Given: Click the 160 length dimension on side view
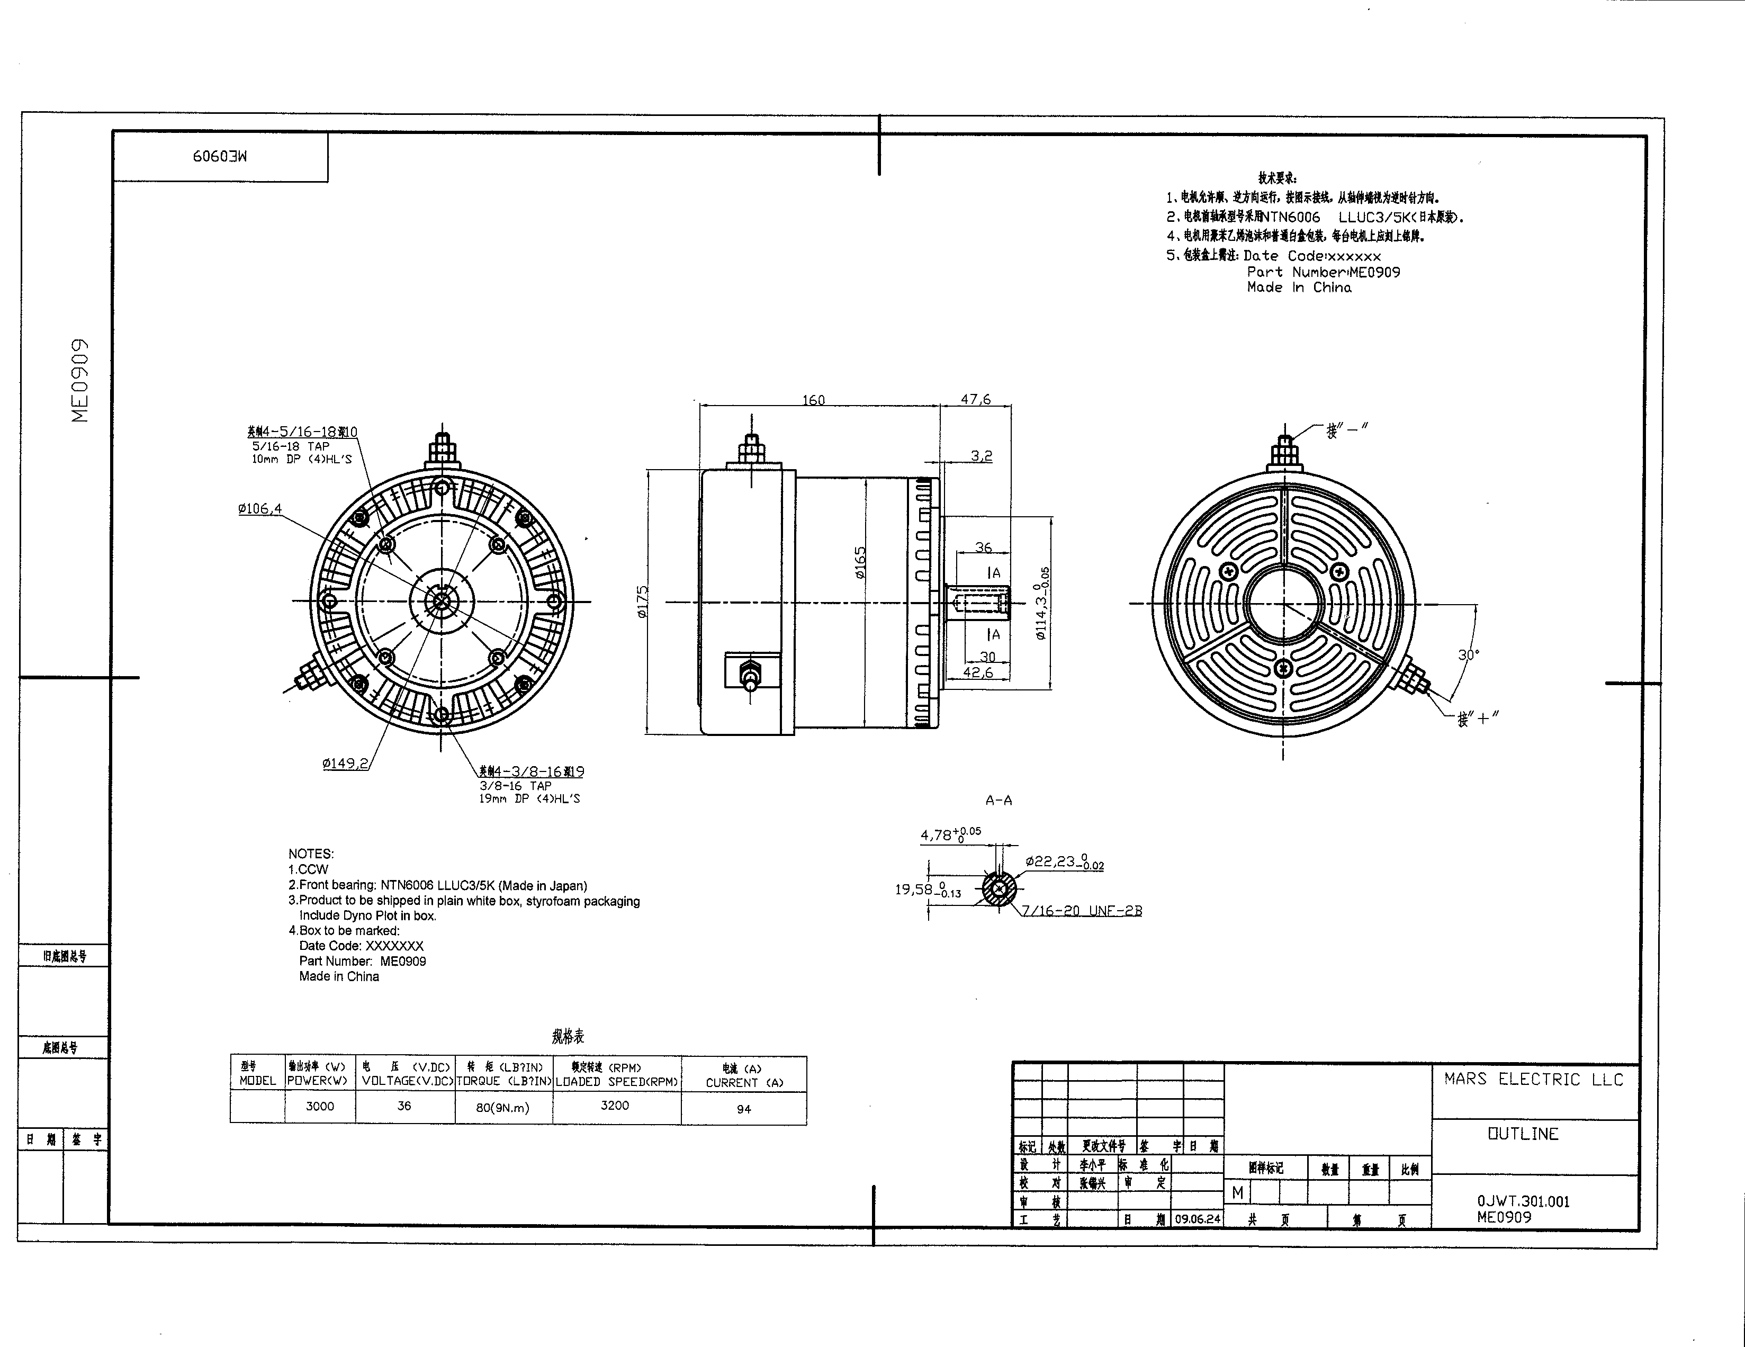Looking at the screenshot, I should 813,399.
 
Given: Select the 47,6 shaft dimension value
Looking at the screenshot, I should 976,399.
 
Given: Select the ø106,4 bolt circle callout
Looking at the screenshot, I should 259,509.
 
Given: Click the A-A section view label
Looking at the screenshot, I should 999,800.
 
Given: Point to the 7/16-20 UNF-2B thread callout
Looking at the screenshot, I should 1082,911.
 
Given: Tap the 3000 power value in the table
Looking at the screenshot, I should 320,1107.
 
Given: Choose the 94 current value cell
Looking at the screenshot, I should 744,1109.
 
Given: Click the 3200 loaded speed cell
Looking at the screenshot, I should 615,1106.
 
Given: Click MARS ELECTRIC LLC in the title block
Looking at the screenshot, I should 1533,1080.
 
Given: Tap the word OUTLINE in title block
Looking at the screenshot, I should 1523,1134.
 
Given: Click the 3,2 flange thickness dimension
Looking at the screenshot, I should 981,456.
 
